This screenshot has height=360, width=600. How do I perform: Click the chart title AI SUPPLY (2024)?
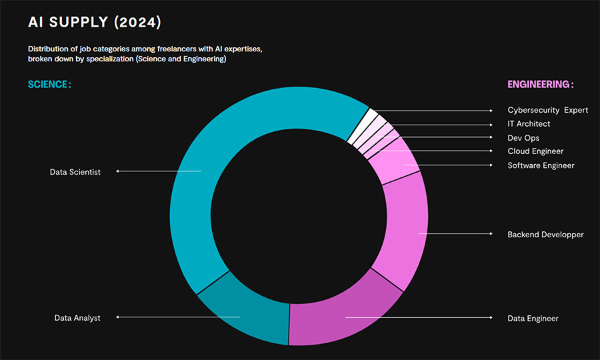pyautogui.click(x=94, y=23)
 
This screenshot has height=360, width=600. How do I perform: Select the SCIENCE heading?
pyautogui.click(x=49, y=85)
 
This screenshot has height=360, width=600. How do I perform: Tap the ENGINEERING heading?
pyautogui.click(x=540, y=85)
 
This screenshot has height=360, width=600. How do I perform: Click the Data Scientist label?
pyautogui.click(x=75, y=172)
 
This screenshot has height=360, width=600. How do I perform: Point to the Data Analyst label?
pyautogui.click(x=77, y=318)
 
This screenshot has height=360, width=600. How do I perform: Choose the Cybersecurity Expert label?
pyautogui.click(x=547, y=110)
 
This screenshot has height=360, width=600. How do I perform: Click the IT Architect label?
pyautogui.click(x=529, y=124)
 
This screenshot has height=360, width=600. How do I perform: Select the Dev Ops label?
pyautogui.click(x=523, y=138)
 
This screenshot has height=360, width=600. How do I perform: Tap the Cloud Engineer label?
pyautogui.click(x=535, y=151)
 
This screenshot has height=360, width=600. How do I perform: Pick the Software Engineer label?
pyautogui.click(x=541, y=165)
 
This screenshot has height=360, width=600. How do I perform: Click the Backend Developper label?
pyautogui.click(x=545, y=235)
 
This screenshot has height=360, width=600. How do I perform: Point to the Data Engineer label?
pyautogui.click(x=533, y=319)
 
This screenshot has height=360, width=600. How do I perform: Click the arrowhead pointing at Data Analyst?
pyautogui.click(x=118, y=317)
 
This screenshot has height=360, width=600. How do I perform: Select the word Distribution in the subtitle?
pyautogui.click(x=49, y=49)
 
